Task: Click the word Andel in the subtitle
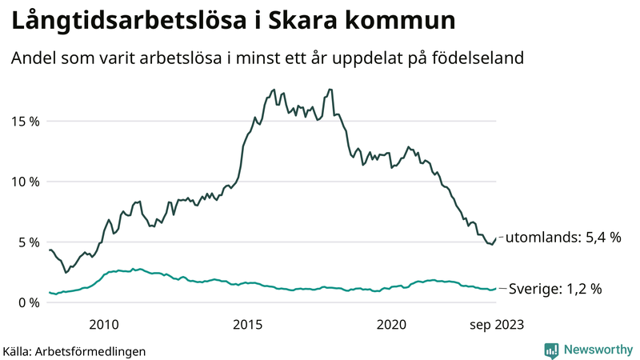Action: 33,58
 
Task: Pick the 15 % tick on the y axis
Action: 25,122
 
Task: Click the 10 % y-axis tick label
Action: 25,182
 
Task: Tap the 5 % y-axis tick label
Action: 28,242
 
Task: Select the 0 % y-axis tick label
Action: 28,302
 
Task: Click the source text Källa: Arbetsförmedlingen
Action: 74,350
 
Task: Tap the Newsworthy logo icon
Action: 551,350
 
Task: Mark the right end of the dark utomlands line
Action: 496,238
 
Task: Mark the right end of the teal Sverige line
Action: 496,288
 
